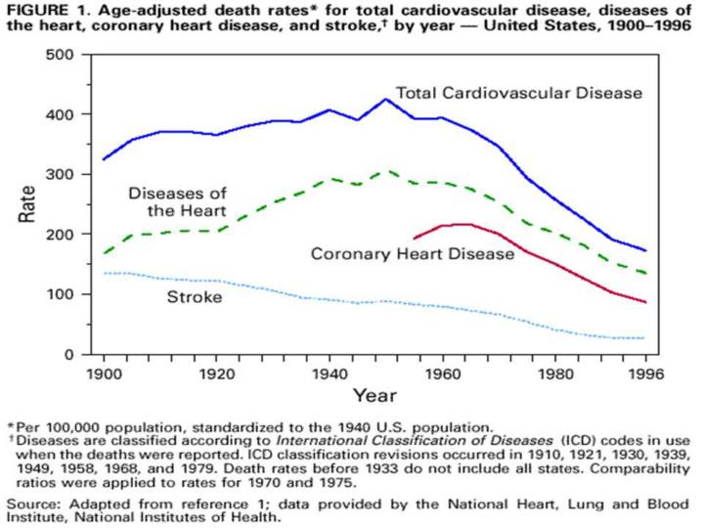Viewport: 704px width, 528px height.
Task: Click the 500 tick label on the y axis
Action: click(66, 54)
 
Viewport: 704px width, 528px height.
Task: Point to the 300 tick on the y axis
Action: click(66, 174)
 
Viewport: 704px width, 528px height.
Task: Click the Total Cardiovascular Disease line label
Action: click(518, 94)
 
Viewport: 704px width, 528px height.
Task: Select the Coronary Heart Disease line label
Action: click(412, 254)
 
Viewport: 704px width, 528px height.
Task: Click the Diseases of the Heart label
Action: click(181, 200)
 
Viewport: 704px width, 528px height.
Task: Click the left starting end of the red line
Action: click(415, 238)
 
